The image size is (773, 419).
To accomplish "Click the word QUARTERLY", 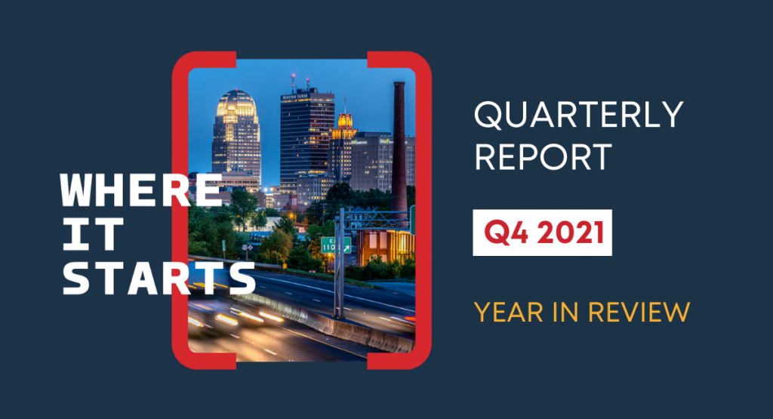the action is [578, 115].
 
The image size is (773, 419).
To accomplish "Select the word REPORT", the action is [543, 157].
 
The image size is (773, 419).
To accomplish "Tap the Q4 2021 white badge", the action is [542, 233].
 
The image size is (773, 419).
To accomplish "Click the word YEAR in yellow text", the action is [508, 312].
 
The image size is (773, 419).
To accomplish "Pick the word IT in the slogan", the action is [92, 234].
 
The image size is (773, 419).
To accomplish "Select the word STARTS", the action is [159, 279].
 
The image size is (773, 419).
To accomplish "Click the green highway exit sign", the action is [336, 245].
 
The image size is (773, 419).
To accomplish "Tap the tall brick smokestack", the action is [399, 148].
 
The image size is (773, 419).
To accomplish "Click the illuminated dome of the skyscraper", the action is [236, 103].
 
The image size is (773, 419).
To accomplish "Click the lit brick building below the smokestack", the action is [386, 246].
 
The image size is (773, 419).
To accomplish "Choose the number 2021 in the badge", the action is [571, 233].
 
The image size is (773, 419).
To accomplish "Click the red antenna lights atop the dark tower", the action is [300, 78].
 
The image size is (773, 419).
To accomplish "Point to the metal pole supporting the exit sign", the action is [339, 263].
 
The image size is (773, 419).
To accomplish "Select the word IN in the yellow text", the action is [565, 312].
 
